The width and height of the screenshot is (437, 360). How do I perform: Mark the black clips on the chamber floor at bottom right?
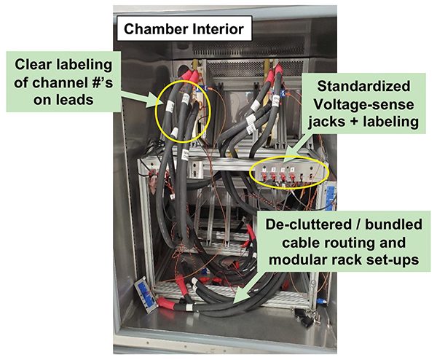click(x=312, y=316)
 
